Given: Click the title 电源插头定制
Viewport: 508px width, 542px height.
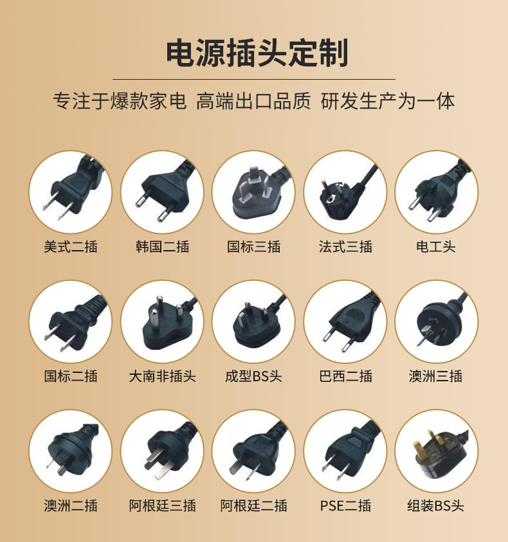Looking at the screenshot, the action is click(257, 53).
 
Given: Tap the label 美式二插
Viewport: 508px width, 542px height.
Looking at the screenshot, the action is click(71, 247).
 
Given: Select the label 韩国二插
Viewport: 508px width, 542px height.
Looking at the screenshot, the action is click(162, 247).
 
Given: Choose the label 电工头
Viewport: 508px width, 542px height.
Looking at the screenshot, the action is click(436, 247).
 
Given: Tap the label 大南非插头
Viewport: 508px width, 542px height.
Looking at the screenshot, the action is click(162, 376).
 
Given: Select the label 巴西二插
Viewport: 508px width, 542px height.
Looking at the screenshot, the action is click(345, 376).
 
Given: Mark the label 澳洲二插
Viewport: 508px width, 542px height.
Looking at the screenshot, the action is click(71, 506).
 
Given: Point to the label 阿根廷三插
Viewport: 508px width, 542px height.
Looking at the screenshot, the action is click(162, 506).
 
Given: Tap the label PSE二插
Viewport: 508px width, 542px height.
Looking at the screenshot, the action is click(345, 506).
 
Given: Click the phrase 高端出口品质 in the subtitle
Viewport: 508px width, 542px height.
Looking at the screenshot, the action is click(253, 102).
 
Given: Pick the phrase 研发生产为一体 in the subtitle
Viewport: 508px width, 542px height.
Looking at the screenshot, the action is click(388, 102).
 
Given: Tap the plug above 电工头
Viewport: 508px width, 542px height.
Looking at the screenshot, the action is click(437, 192).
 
